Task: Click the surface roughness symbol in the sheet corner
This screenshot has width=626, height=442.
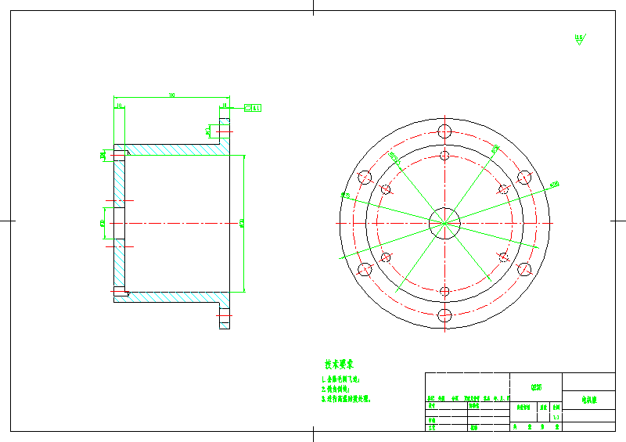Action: coord(579,38)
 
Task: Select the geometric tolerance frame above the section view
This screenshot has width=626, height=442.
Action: coord(254,107)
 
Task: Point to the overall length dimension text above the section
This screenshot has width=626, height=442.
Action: coord(171,95)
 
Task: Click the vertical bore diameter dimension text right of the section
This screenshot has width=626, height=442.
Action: coord(243,224)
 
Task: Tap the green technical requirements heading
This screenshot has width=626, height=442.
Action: coord(340,364)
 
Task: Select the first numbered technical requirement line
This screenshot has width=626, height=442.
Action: coord(340,379)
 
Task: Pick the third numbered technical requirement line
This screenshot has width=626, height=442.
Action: coord(345,398)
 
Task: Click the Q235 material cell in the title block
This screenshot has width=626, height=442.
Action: coord(536,386)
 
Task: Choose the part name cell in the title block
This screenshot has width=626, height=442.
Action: coord(588,399)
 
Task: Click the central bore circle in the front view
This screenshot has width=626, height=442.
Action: coord(444,222)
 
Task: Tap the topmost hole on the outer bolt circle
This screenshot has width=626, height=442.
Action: coord(444,130)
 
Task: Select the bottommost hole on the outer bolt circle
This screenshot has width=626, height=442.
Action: coord(444,315)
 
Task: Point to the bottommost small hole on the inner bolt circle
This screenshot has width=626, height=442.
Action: coord(444,293)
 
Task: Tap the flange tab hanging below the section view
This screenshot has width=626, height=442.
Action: coord(225,316)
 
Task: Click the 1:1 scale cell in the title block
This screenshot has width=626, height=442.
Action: coord(555,418)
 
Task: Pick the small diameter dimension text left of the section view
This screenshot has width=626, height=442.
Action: coord(103,224)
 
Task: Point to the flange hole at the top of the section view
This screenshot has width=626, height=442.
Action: coord(225,125)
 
